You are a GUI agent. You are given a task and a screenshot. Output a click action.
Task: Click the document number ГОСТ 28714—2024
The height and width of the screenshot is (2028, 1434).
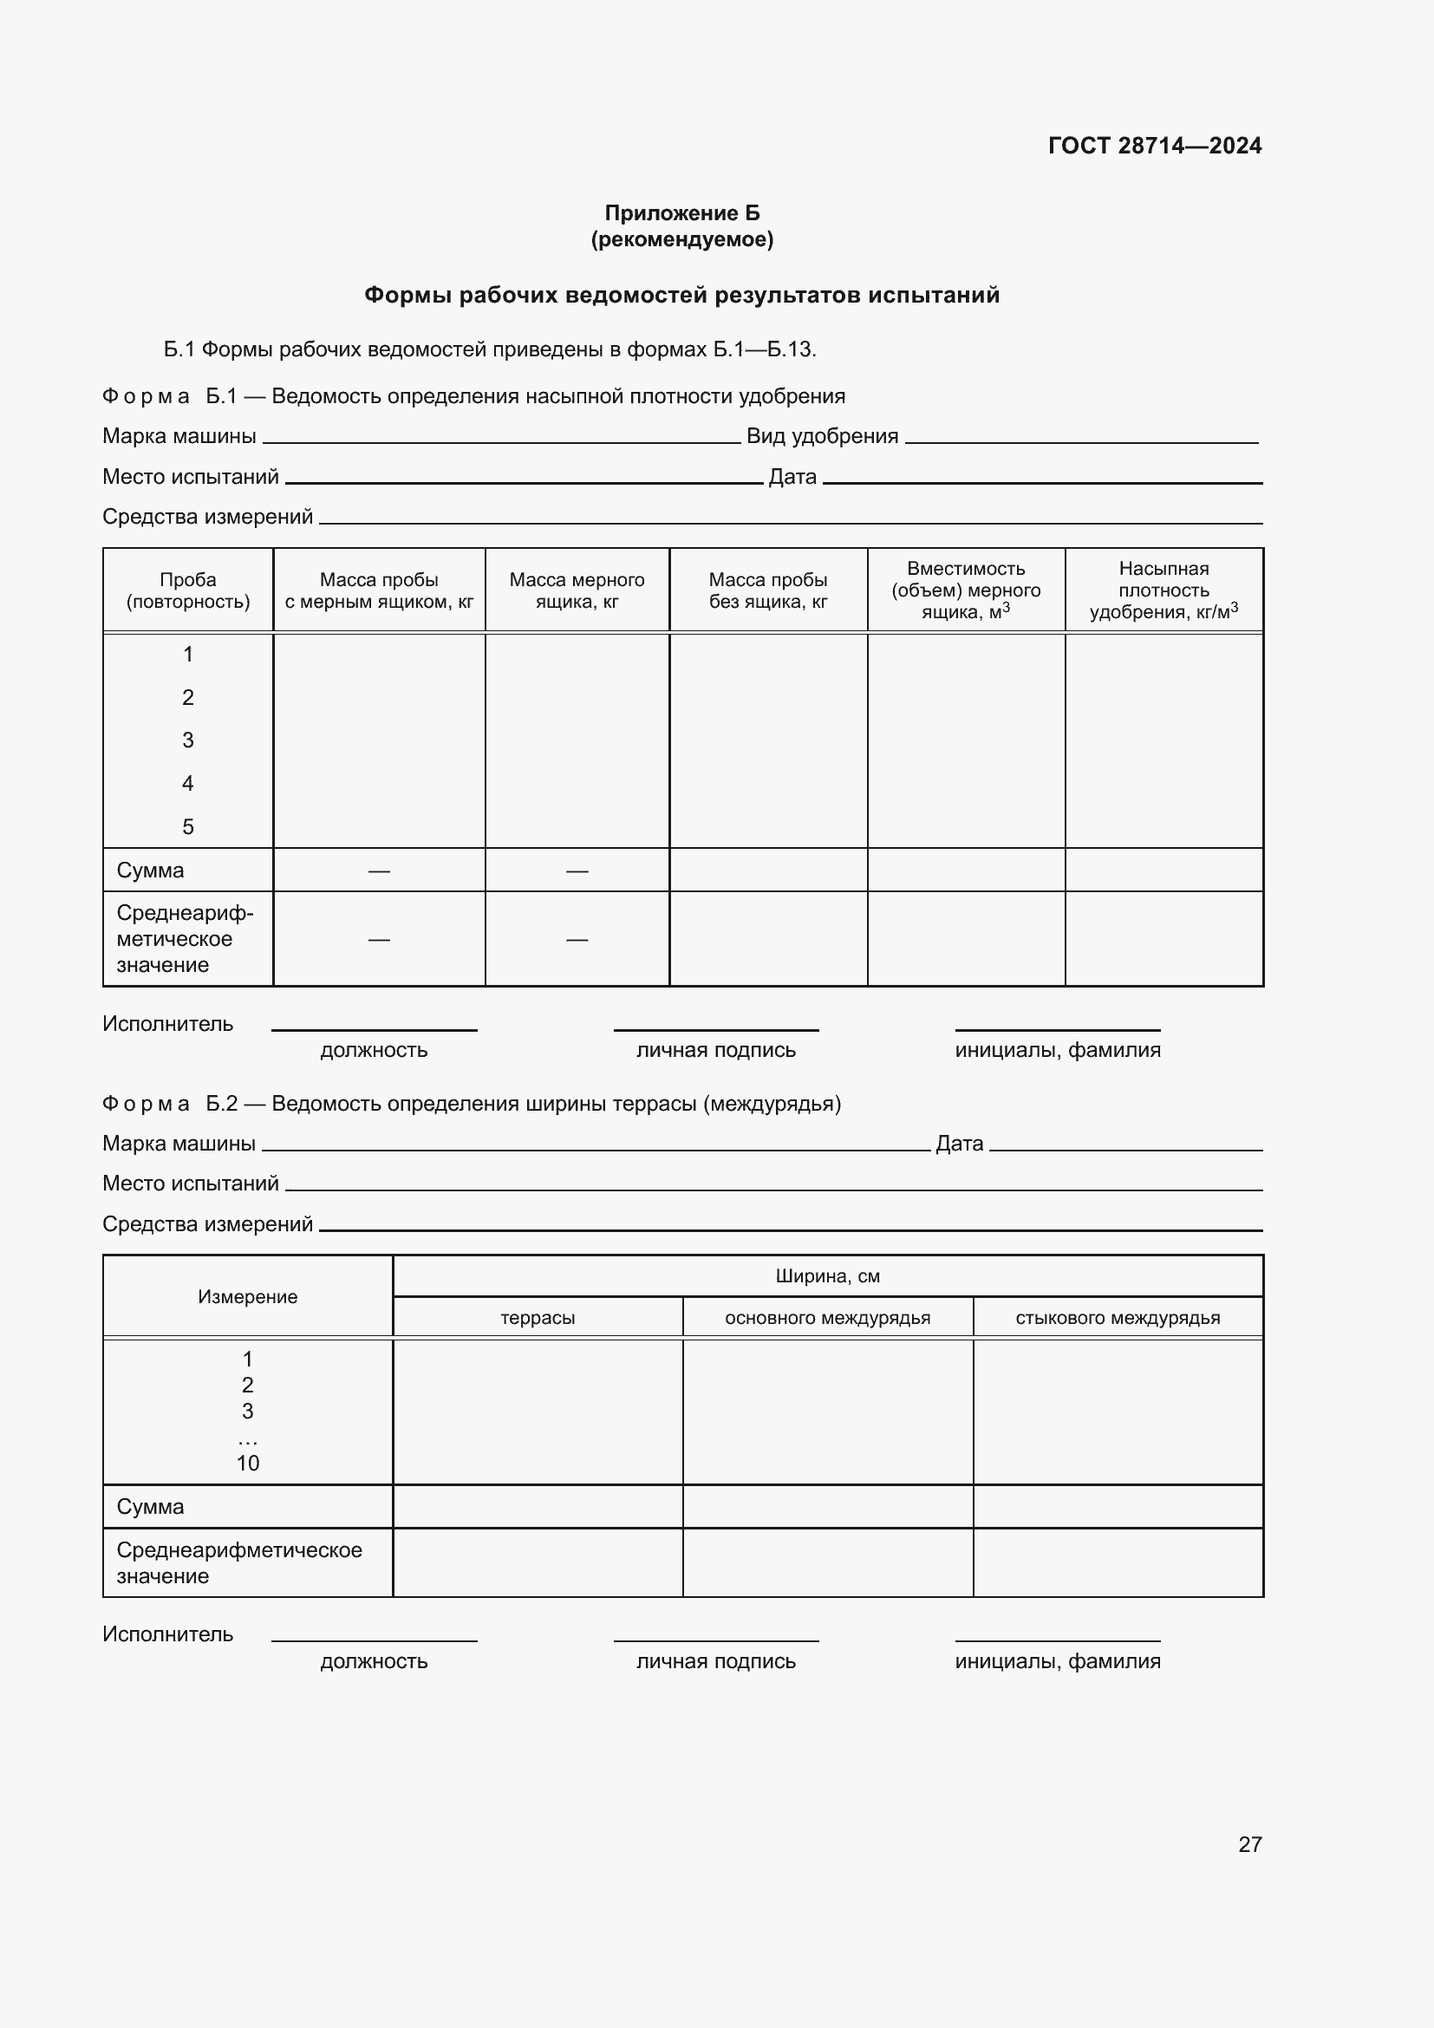pyautogui.click(x=1154, y=146)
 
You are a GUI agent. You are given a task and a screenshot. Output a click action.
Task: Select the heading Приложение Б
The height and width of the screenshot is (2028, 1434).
pyautogui.click(x=681, y=213)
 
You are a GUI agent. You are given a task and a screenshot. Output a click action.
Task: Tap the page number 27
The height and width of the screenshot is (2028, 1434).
pyautogui.click(x=1249, y=1844)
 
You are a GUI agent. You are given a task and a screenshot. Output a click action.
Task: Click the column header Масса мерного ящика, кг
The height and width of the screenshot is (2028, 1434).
pyautogui.click(x=577, y=591)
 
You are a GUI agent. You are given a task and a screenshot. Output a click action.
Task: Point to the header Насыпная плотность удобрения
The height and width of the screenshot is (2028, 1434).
pyautogui.click(x=1163, y=590)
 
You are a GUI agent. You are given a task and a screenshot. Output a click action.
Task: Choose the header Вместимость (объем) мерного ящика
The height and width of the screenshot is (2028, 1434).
pyautogui.click(x=965, y=590)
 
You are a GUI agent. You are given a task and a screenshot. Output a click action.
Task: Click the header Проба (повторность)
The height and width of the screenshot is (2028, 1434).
pyautogui.click(x=188, y=591)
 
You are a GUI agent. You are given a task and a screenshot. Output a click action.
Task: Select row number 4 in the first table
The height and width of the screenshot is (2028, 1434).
pyautogui.click(x=188, y=784)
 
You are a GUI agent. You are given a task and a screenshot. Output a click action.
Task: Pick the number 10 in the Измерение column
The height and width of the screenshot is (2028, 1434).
pyautogui.click(x=247, y=1463)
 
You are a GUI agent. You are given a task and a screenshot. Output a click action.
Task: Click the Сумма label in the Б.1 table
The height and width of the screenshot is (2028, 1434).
pyautogui.click(x=150, y=870)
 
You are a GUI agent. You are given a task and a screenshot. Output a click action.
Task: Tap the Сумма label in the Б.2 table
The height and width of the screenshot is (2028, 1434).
pyautogui.click(x=150, y=1507)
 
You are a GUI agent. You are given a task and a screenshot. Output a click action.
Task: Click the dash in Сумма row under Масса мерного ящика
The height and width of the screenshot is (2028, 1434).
pyautogui.click(x=577, y=871)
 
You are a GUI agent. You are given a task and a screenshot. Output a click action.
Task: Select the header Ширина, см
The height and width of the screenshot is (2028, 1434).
pyautogui.click(x=827, y=1276)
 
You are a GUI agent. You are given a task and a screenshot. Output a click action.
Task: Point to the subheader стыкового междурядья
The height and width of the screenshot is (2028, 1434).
pyautogui.click(x=1117, y=1318)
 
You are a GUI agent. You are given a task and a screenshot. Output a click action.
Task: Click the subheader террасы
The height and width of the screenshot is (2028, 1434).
pyautogui.click(x=537, y=1318)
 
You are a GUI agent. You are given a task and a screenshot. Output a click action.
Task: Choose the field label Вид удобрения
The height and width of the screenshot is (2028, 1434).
pyautogui.click(x=822, y=436)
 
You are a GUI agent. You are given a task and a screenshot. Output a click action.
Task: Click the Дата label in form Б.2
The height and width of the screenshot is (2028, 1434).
pyautogui.click(x=959, y=1144)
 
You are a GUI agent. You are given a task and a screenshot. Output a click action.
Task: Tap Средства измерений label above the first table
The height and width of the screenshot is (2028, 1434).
pyautogui.click(x=207, y=517)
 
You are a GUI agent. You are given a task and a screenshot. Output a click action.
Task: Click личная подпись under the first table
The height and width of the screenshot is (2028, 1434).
pyautogui.click(x=715, y=1050)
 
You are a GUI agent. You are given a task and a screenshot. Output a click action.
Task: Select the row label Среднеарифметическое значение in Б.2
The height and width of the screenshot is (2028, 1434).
pyautogui.click(x=238, y=1562)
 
